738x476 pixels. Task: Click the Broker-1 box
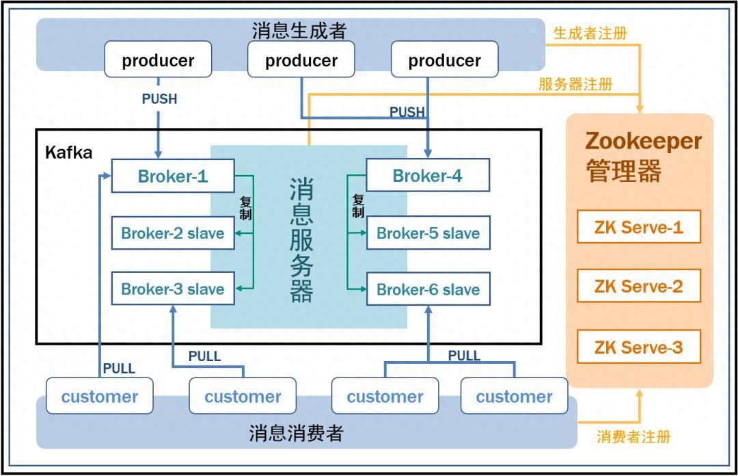click(173, 176)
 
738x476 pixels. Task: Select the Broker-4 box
click(428, 176)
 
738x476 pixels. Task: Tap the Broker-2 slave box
click(173, 233)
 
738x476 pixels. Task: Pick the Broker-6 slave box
click(428, 289)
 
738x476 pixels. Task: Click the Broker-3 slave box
click(173, 289)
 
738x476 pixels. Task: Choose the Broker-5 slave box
click(428, 233)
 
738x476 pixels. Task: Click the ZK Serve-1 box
click(638, 227)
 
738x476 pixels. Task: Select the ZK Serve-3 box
click(638, 347)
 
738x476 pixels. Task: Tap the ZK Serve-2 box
click(638, 286)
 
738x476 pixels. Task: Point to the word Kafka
click(68, 152)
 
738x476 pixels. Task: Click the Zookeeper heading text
click(643, 142)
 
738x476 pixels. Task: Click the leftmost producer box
click(158, 60)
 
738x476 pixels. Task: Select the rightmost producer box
click(444, 60)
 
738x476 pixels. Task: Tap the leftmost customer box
click(100, 397)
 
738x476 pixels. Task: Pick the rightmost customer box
click(514, 397)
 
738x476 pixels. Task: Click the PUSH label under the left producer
click(159, 99)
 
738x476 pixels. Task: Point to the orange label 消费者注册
click(633, 437)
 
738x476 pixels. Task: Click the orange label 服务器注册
click(575, 84)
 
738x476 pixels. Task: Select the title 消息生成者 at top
click(299, 31)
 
